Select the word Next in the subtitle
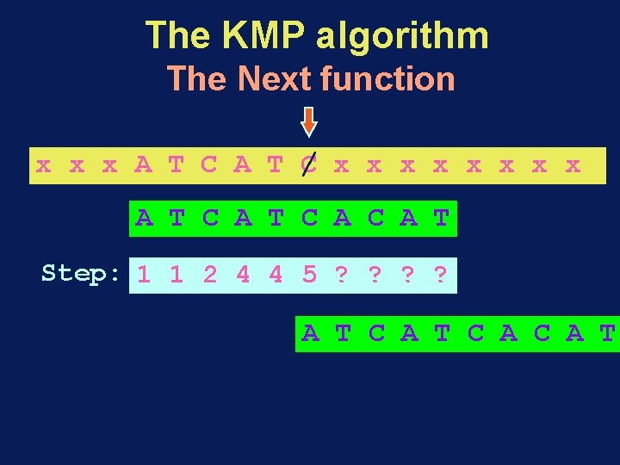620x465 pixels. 274,78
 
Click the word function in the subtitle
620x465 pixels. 387,78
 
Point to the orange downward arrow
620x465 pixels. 308,121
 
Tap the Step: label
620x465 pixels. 82,274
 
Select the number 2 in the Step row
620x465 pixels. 210,276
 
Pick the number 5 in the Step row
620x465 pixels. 309,276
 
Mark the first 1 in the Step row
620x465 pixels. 144,276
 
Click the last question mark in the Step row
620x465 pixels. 441,276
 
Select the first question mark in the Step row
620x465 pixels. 342,276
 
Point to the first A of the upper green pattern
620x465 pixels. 144,219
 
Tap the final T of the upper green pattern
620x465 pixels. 442,219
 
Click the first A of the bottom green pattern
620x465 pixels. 310,333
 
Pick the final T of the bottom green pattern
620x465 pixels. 608,333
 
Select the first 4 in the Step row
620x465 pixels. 244,276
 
